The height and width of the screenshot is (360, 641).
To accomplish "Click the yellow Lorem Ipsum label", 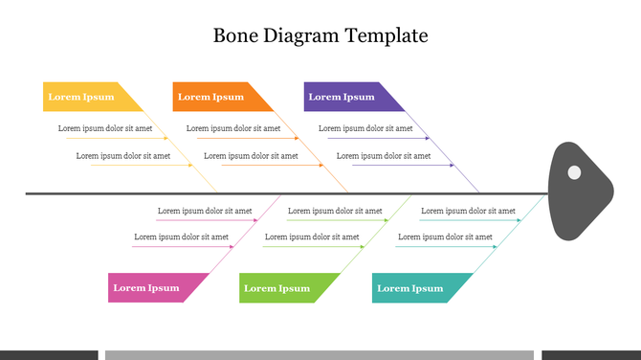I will (81, 97).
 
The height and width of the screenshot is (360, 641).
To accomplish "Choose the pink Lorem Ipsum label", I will (146, 288).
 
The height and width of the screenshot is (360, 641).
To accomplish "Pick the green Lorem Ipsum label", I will (277, 288).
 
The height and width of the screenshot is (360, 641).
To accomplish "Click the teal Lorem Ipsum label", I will (410, 288).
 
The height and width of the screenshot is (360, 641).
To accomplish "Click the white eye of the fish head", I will (574, 173).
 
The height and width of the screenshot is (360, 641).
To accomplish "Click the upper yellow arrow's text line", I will (105, 128).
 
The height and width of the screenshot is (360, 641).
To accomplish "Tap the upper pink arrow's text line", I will (205, 211).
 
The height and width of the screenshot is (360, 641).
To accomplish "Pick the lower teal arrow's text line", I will (445, 236).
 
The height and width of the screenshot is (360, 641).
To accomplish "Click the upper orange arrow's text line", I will (233, 128).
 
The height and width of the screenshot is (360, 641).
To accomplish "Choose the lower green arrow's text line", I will (312, 236).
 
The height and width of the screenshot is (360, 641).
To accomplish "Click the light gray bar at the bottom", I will (319, 354).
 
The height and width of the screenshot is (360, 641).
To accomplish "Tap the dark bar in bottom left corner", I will (49, 354).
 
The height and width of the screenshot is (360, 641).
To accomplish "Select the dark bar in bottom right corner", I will (591, 354).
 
